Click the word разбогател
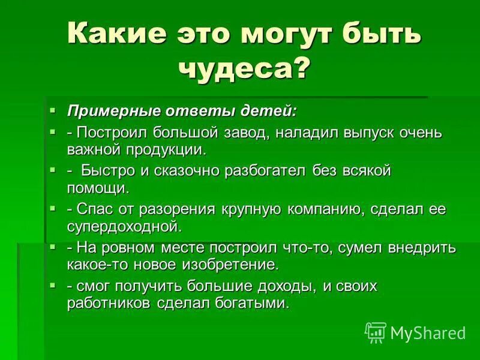pyautogui.click(x=266, y=170)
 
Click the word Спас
pyautogui.click(x=94, y=209)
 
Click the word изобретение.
pyautogui.click(x=226, y=264)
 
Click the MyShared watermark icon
pyautogui.click(x=376, y=332)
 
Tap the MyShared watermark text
pyautogui.click(x=427, y=332)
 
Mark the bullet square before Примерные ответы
pyautogui.click(x=53, y=110)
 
